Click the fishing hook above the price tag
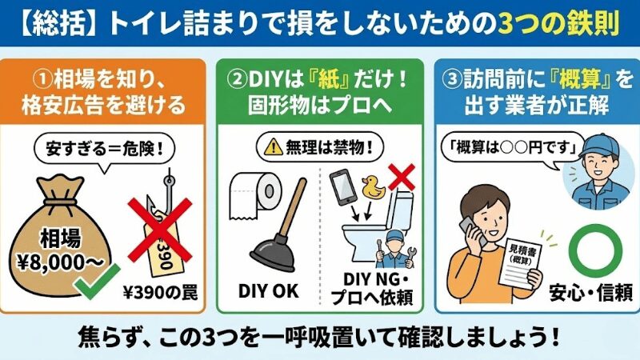tap(169, 186)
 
